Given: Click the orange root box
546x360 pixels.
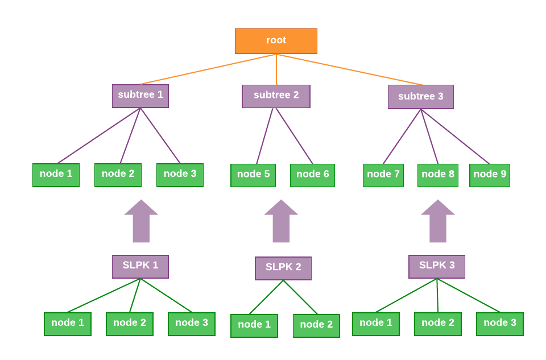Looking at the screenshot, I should (276, 41).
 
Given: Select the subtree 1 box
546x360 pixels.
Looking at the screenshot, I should (140, 96).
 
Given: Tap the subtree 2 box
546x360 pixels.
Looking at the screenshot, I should (276, 96).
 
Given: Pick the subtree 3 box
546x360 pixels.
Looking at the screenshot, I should (420, 97).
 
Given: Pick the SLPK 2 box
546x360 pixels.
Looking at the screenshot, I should (283, 268).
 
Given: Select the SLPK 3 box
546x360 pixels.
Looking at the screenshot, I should (437, 266).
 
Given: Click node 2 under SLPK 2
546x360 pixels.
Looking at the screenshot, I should (316, 326).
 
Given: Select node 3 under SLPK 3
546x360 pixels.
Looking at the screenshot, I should (500, 324).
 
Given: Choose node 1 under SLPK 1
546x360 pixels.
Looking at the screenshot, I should (68, 324).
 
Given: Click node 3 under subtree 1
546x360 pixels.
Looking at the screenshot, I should (180, 175).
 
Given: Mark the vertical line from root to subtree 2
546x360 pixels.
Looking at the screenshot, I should (276, 69).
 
